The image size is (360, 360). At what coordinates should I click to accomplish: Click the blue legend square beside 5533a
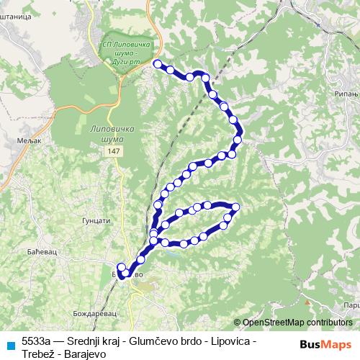pos(9,345)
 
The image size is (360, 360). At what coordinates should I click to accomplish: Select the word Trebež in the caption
pos(38,354)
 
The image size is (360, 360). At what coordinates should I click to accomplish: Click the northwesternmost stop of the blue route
pos(158,65)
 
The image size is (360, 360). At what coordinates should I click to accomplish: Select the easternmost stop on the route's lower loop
pos(235,208)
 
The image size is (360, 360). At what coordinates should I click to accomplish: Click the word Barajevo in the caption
pos(85,354)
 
